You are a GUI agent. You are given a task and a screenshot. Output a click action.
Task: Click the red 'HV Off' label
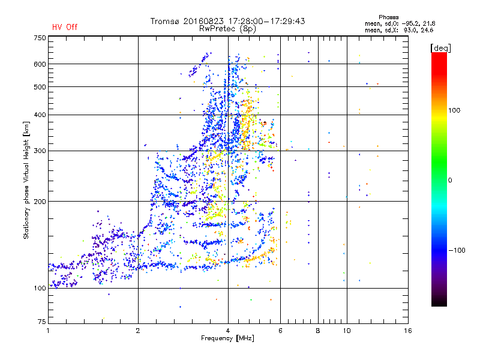point(64,28)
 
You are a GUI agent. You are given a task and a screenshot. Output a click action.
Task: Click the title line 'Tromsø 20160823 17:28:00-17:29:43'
point(227,21)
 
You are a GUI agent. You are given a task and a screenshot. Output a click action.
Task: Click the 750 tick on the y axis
point(40,38)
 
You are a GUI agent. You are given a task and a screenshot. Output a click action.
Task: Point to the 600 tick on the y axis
point(40,64)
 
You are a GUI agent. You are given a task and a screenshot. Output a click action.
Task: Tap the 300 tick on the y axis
point(40,151)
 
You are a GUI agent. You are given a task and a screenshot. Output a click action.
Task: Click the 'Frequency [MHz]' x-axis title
point(227,338)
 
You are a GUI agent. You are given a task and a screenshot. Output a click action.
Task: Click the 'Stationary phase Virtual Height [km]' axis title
point(26,180)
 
